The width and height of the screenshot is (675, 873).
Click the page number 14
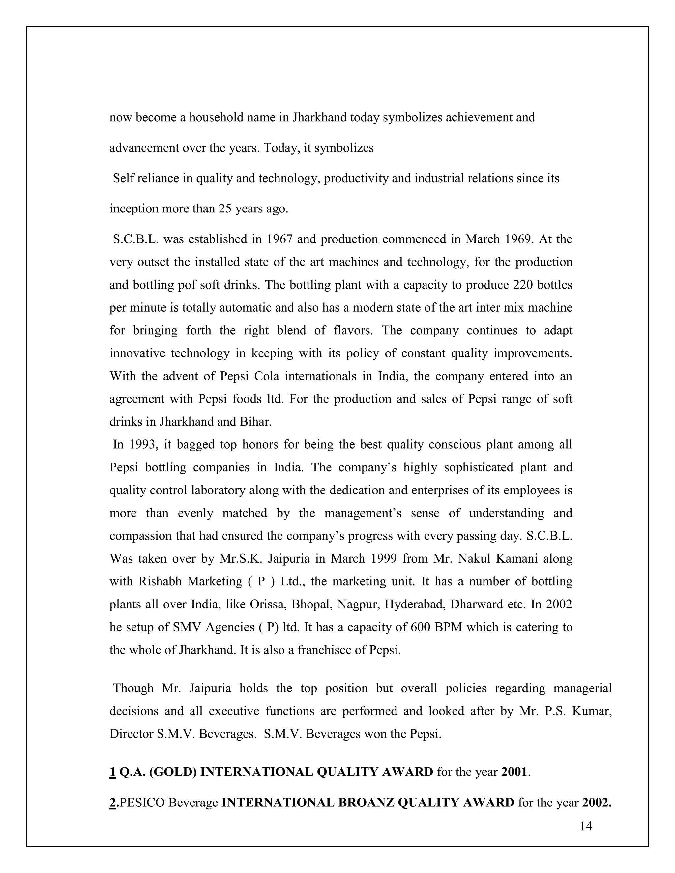586,826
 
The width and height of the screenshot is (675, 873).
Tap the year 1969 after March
515,239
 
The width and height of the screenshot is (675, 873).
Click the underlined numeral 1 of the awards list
112,772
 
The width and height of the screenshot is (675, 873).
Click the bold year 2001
514,772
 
